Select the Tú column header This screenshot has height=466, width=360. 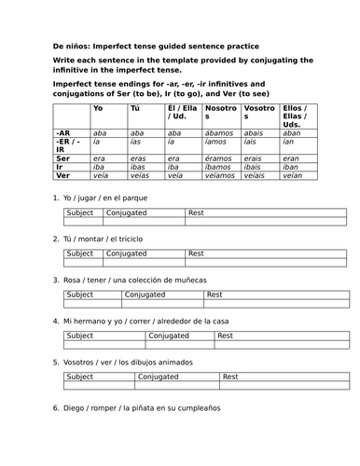137,110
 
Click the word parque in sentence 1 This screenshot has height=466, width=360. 134,199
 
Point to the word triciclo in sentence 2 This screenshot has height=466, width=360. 129,240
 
